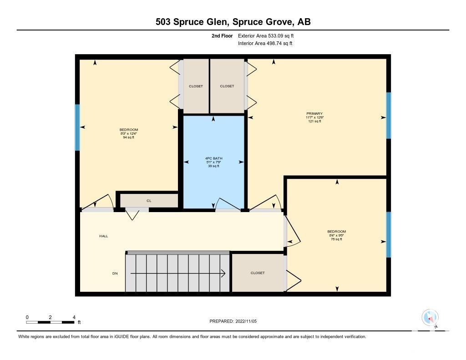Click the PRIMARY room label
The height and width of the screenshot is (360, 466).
(314, 114)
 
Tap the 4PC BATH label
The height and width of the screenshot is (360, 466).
(214, 158)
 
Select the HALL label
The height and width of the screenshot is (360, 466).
(104, 236)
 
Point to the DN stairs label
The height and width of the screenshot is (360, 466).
(115, 274)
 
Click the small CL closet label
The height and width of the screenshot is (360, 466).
(149, 201)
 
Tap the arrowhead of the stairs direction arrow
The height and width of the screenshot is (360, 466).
(223, 274)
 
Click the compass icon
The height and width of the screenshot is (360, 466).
(430, 318)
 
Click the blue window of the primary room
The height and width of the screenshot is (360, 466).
(389, 115)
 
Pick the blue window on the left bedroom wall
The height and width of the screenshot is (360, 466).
(77, 127)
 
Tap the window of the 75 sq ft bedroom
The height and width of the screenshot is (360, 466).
(389, 234)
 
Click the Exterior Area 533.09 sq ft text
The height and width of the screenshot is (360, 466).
(266, 35)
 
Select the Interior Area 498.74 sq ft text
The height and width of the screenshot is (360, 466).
(265, 43)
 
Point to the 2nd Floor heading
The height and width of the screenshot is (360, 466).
(222, 35)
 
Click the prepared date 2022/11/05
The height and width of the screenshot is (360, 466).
(246, 321)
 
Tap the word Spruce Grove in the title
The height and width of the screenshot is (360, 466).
(262, 22)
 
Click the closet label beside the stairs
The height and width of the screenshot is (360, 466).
(258, 273)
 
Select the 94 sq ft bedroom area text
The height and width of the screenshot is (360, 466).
(129, 137)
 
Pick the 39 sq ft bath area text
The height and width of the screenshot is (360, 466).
(214, 166)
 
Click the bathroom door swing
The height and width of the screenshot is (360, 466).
(228, 203)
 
